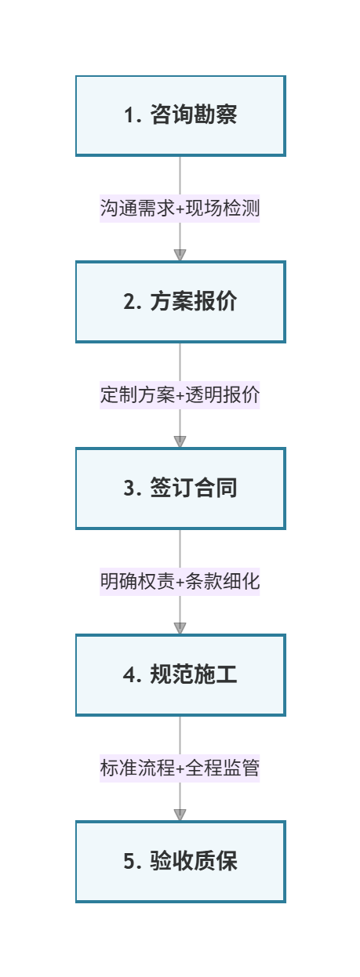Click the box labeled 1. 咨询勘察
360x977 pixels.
(180, 115)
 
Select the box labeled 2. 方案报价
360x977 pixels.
(180, 302)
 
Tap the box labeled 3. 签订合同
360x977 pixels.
(180, 488)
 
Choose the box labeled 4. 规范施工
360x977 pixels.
(180, 674)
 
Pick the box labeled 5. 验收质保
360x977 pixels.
(180, 861)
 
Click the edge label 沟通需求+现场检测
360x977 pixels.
(180, 209)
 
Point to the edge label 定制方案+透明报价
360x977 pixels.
(180, 395)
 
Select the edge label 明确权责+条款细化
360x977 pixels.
(180, 582)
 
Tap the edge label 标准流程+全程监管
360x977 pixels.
(180, 768)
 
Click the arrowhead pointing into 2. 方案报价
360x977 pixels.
(180, 255)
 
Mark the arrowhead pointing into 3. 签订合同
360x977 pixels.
(180, 441)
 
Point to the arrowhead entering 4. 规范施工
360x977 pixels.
(180, 627)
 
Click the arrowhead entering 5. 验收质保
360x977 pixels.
(180, 814)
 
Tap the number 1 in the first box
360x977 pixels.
(129, 116)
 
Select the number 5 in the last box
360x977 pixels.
(129, 862)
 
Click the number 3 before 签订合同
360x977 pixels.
(129, 488)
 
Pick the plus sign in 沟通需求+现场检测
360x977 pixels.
(180, 209)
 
